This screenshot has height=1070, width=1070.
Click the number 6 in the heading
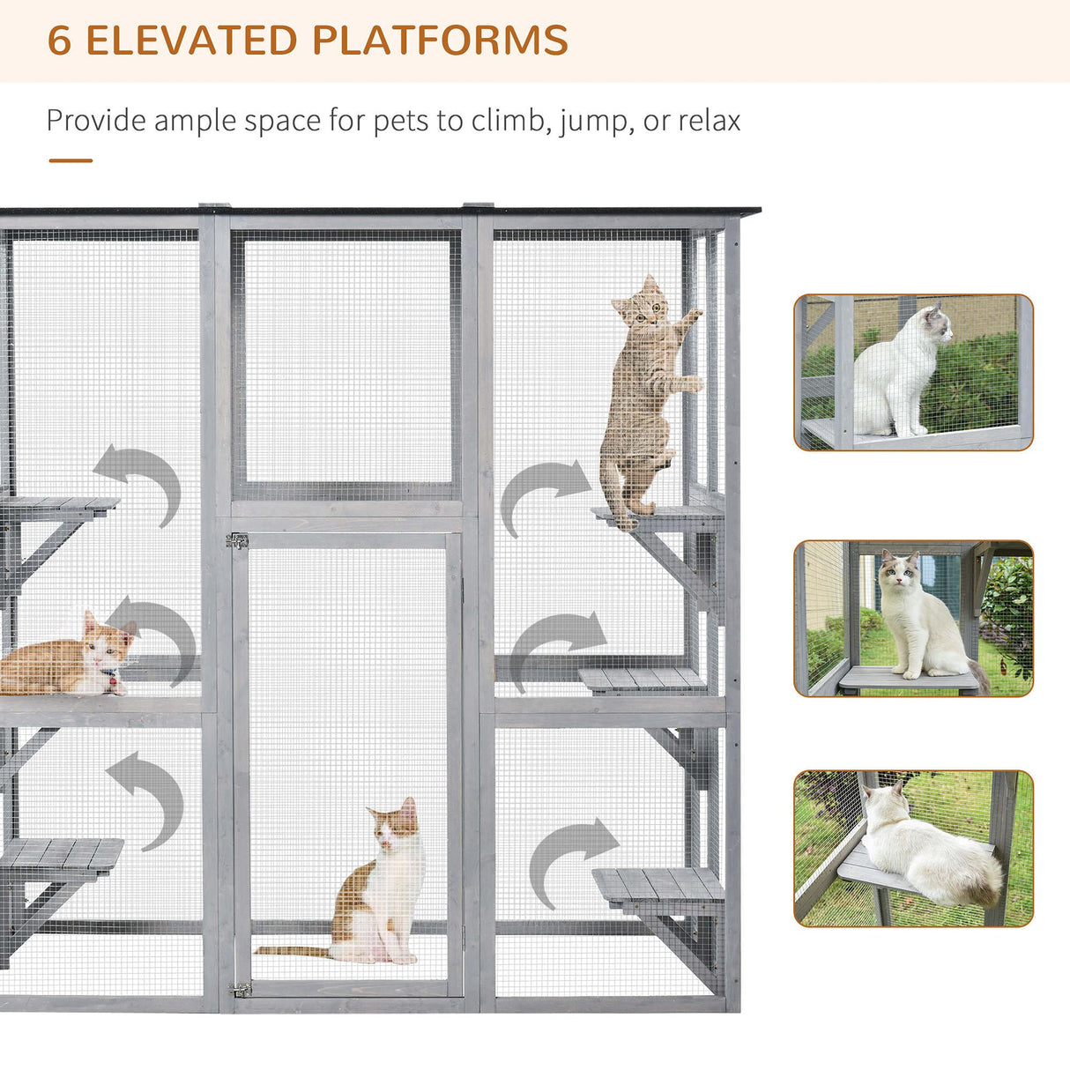(x=59, y=41)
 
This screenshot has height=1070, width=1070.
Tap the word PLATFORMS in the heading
(x=440, y=41)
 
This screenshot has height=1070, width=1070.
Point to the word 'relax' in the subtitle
(x=710, y=121)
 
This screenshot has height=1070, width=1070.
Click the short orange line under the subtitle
(x=71, y=160)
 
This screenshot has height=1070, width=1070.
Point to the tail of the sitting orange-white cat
(x=292, y=951)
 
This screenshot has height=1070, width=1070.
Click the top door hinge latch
(x=237, y=540)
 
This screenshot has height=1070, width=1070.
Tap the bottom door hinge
(x=240, y=989)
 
